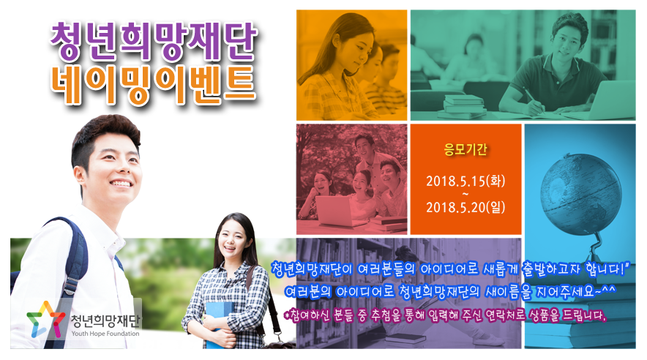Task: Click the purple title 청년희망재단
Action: point(154,41)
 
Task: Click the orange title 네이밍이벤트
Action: point(154,85)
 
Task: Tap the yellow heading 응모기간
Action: point(465,149)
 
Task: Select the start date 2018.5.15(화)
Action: point(465,181)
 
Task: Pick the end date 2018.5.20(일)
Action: point(465,206)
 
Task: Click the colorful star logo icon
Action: point(45,320)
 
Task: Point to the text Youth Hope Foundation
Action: point(105,334)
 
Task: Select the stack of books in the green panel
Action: point(464,106)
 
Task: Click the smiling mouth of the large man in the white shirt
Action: point(120,183)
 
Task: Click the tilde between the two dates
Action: point(465,194)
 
